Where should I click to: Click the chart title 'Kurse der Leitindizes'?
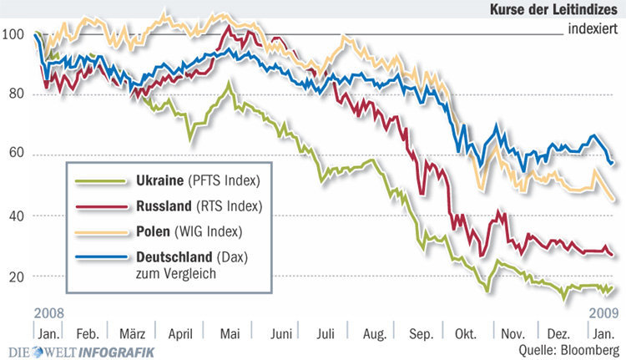pyautogui.click(x=556, y=9)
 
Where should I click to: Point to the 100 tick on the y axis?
pyautogui.click(x=13, y=35)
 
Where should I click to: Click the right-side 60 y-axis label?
pyautogui.click(x=614, y=155)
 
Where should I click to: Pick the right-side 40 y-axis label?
pyautogui.click(x=614, y=215)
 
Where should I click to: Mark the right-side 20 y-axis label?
pyautogui.click(x=614, y=276)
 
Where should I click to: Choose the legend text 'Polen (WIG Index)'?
pyautogui.click(x=188, y=230)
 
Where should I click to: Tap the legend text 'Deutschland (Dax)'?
pyautogui.click(x=194, y=256)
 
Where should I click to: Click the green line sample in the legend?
pyautogui.click(x=100, y=180)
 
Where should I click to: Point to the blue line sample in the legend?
pyautogui.click(x=100, y=256)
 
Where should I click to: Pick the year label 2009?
pyautogui.click(x=603, y=313)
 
